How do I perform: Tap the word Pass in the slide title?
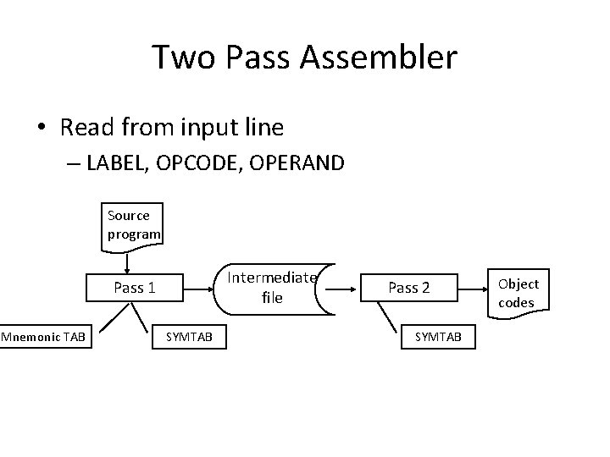(264, 58)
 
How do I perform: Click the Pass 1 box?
(135, 288)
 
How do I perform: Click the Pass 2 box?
(408, 288)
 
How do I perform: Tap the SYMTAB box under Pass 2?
(438, 338)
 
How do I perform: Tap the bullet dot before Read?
(41, 129)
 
